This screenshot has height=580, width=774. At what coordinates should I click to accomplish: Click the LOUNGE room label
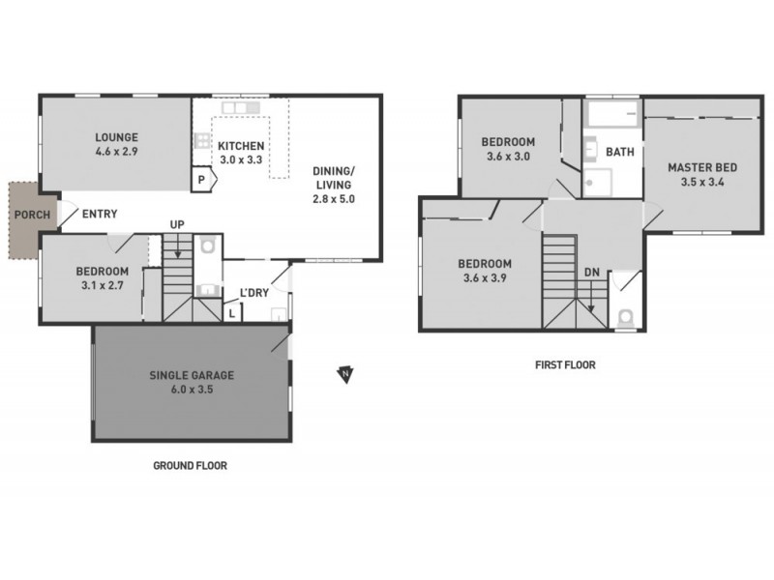(116, 136)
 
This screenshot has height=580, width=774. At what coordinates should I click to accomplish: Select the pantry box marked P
(201, 180)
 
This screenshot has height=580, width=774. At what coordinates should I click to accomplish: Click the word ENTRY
(102, 215)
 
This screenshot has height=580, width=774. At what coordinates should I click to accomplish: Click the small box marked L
(233, 312)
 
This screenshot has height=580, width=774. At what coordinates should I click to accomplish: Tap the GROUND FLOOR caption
(190, 466)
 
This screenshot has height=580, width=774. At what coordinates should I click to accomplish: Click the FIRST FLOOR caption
(565, 365)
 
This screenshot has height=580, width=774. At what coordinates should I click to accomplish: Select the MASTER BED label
(701, 167)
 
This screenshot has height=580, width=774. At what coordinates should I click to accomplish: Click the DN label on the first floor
(590, 274)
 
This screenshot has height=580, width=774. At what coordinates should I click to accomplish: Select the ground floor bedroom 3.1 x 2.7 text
(102, 285)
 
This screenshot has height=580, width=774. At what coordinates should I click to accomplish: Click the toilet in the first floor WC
(624, 316)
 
